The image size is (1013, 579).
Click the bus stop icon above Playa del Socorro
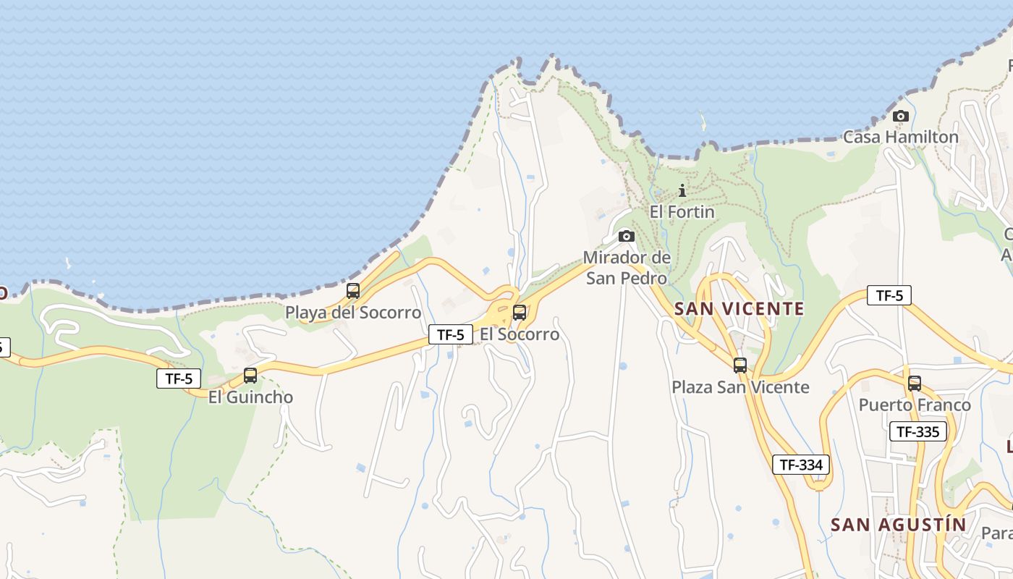353,291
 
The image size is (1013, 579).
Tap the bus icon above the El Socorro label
519,313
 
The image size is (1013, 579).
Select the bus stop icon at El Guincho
250,376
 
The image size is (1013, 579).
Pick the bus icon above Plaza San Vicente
739,365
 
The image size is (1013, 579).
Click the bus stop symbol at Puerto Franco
915,383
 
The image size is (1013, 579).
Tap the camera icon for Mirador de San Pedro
627,236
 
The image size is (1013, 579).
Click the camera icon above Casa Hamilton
900,116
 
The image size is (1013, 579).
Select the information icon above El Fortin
682,190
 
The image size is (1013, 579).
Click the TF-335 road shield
918,432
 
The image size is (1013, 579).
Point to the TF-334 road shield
801,465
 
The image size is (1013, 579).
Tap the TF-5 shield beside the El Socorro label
451,334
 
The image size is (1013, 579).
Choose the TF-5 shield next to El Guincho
179,378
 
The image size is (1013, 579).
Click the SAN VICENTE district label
739,309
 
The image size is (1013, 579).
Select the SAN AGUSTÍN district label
898,525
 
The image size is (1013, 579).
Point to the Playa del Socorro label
353,313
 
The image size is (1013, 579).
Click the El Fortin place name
682,212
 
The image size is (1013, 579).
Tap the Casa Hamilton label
900,137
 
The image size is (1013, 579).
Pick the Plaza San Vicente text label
740,387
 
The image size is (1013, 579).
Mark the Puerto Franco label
915,405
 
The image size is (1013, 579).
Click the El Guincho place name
250,397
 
